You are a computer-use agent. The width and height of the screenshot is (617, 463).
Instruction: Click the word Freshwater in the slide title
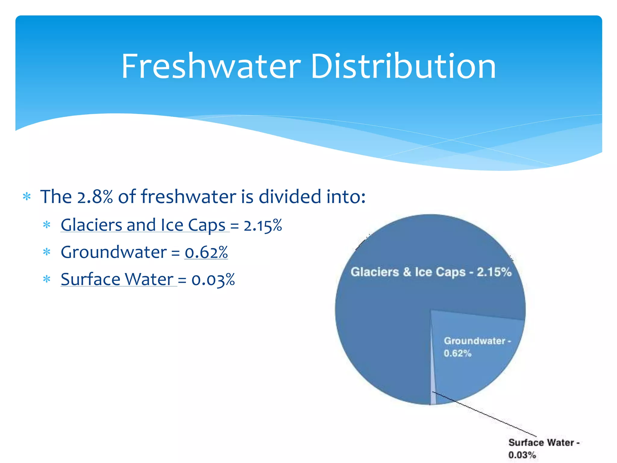point(211,66)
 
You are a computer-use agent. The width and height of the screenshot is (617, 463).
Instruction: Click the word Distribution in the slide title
point(403,66)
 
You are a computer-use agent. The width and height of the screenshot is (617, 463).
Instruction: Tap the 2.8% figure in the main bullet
point(95,197)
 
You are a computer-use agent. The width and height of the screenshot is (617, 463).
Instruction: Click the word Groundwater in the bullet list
point(114,252)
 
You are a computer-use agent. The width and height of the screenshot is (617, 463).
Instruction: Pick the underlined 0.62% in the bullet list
point(206,253)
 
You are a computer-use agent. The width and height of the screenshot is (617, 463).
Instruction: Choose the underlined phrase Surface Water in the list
point(117,279)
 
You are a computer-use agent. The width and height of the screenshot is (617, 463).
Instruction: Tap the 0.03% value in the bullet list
point(213,280)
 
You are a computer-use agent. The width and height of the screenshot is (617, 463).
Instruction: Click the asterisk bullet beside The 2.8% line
point(27,197)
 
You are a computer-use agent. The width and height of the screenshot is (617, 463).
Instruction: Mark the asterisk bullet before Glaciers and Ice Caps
point(47,225)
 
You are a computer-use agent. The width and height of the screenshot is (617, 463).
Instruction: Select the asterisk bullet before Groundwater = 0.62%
point(47,252)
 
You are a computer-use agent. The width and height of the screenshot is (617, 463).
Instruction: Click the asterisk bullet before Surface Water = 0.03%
point(47,279)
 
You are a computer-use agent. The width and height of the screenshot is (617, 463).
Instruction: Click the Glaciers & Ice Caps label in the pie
point(431,272)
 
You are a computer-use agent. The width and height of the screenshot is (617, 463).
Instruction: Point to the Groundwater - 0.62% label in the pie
point(477,347)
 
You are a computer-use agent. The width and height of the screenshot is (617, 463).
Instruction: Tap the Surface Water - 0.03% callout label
point(544,448)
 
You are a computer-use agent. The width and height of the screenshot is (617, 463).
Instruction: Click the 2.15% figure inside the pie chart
point(494,272)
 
